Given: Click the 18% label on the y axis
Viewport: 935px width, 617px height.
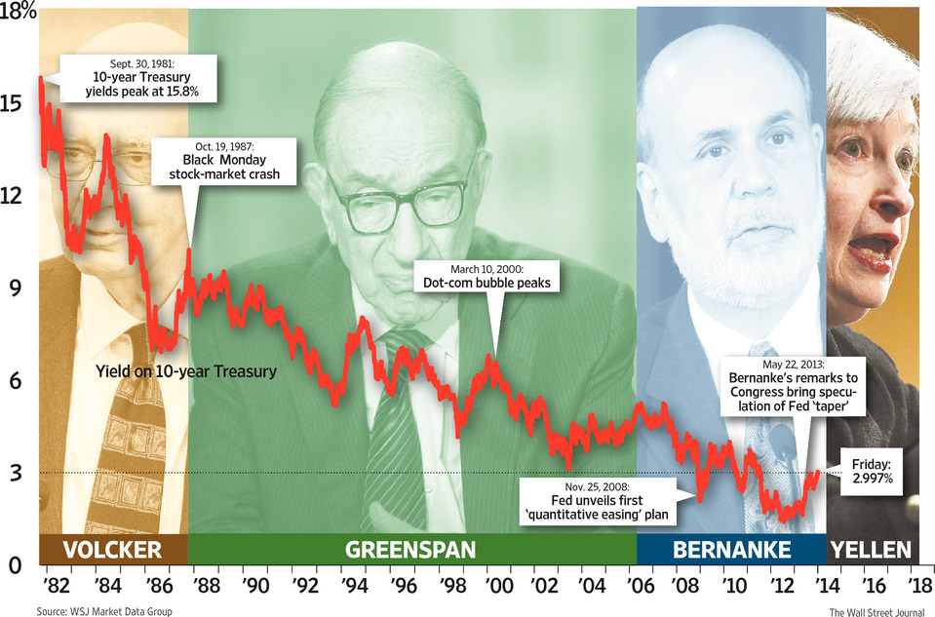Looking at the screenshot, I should point(19,14).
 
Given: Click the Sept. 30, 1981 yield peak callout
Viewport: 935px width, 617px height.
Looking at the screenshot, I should point(136,78).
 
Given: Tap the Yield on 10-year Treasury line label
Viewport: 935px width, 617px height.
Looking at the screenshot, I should point(186,370).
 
